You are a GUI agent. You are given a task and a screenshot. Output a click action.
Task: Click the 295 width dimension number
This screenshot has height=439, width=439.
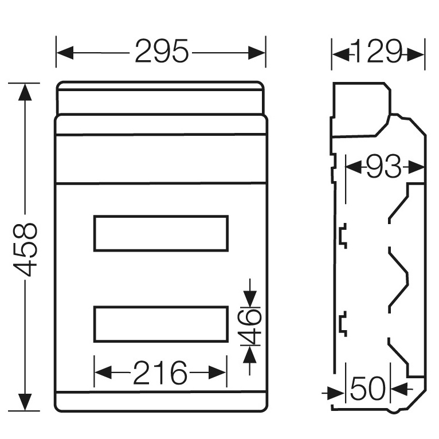[162, 52]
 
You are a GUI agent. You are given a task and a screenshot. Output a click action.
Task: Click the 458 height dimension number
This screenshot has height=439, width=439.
[25, 249]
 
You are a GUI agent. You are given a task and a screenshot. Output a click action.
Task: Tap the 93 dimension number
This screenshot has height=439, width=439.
[383, 167]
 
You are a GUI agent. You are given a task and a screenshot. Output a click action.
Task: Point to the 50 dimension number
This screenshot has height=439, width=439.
[367, 389]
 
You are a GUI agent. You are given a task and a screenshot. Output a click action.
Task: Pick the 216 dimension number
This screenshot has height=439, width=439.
[160, 373]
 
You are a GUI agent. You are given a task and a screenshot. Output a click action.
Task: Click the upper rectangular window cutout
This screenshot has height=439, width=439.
[160, 233]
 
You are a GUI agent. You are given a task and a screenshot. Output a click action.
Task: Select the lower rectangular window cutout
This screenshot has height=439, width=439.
[160, 324]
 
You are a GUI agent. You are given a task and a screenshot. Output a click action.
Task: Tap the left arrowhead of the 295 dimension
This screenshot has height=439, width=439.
[65, 53]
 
